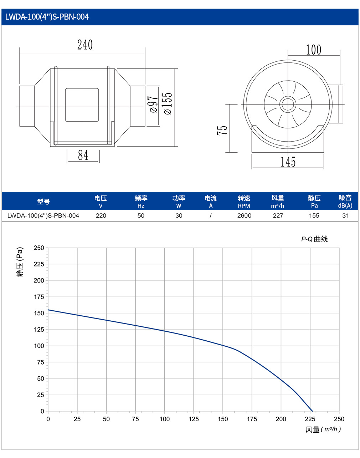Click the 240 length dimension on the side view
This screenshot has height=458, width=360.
click(x=85, y=45)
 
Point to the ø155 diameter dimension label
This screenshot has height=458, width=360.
click(x=168, y=104)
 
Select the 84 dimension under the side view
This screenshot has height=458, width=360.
click(x=83, y=155)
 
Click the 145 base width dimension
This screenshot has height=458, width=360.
click(x=288, y=162)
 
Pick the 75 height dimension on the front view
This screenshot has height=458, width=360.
click(x=222, y=130)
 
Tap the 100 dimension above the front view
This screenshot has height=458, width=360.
click(x=313, y=50)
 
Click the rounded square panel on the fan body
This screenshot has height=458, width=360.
click(x=82, y=105)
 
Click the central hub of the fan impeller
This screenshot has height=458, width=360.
click(x=288, y=104)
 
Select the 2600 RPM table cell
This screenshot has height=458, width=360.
click(x=244, y=215)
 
